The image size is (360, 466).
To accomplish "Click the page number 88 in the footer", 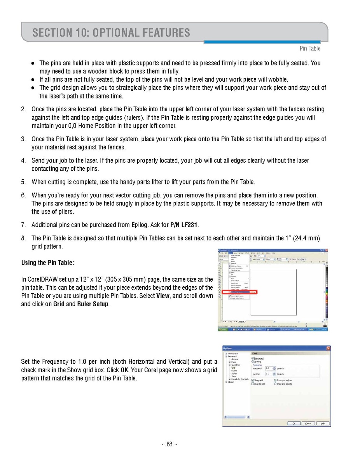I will (x=169, y=445).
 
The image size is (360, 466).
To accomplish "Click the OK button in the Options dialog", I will (x=294, y=423).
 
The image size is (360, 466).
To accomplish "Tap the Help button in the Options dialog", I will (x=322, y=423).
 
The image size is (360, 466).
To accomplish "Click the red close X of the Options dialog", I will (x=328, y=348).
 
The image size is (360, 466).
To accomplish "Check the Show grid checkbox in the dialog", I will (x=253, y=380).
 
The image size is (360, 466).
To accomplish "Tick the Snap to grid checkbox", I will (x=253, y=384).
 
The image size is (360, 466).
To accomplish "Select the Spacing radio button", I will (x=253, y=361).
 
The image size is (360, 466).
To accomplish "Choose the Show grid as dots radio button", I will (x=275, y=384).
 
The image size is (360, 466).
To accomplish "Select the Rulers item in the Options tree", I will (x=234, y=371).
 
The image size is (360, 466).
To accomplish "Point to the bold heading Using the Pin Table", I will (x=47, y=263).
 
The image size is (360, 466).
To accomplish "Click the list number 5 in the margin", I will (x=23, y=182).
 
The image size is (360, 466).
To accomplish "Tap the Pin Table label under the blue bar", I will (x=310, y=49).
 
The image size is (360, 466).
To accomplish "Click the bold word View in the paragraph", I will (x=163, y=296).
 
